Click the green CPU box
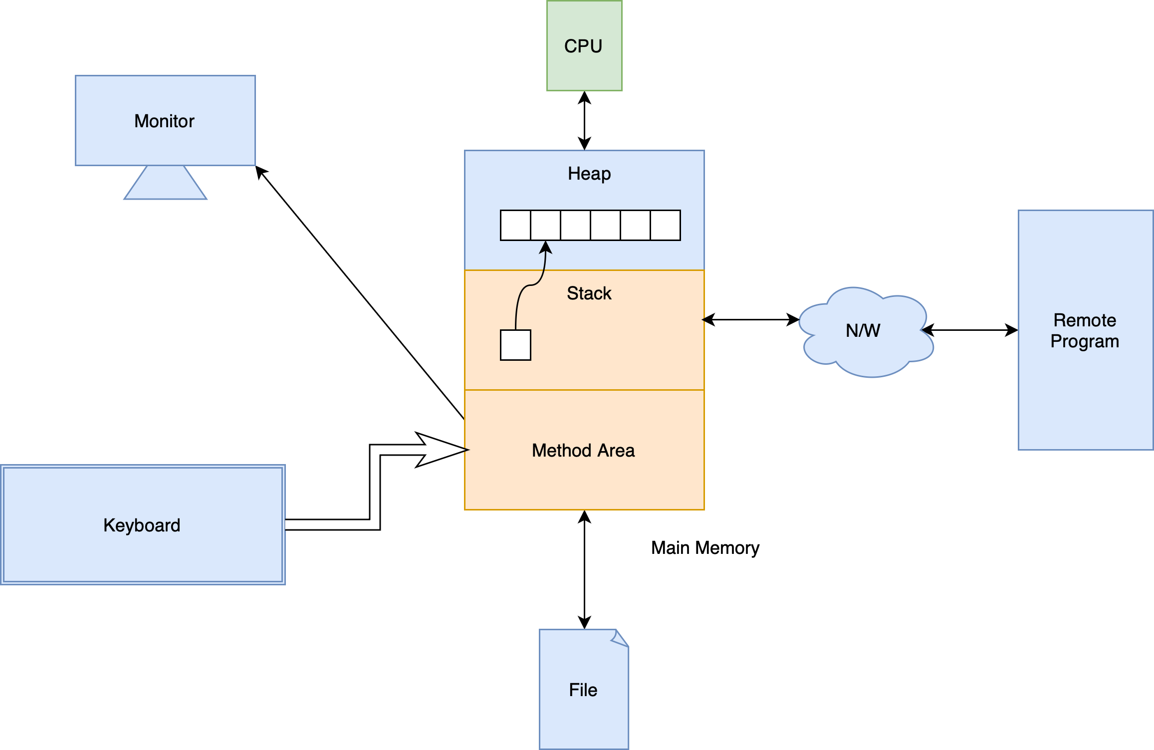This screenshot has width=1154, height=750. [x=584, y=46]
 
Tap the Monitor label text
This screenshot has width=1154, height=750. [x=164, y=121]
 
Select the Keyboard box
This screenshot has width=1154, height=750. [x=143, y=525]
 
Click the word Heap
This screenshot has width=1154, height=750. [x=589, y=174]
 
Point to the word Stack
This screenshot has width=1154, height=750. [x=589, y=293]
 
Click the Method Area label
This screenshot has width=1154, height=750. [x=583, y=451]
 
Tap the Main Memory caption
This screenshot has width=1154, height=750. [x=705, y=548]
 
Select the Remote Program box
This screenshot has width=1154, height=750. [x=1085, y=330]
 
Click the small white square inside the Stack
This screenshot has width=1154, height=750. [x=515, y=345]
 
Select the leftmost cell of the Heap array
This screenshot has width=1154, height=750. [x=515, y=226]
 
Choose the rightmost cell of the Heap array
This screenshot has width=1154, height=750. [x=665, y=226]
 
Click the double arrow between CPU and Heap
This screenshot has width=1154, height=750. [x=584, y=121]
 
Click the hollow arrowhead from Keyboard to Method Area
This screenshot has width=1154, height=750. [x=439, y=450]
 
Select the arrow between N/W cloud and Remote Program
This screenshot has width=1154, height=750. [x=969, y=330]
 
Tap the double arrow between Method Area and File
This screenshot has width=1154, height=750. [x=584, y=569]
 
